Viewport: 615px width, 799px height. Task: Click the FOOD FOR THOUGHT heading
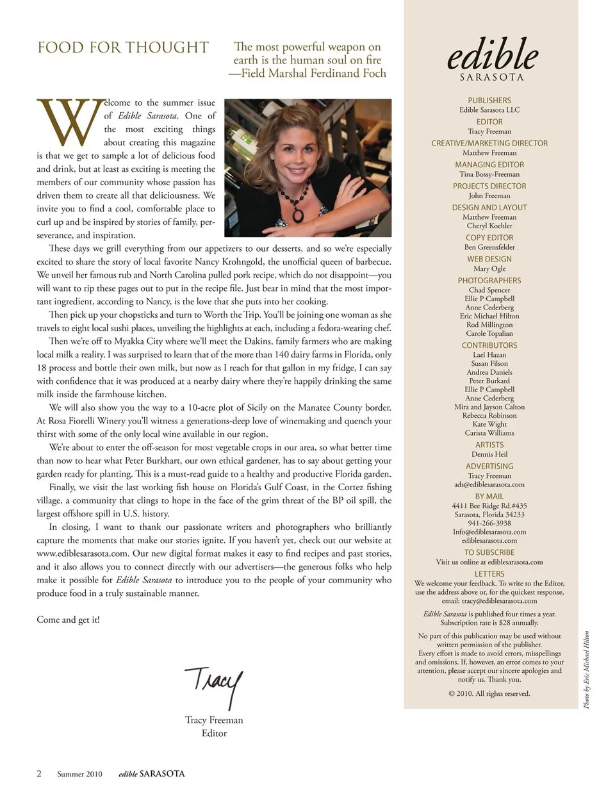coord(123,48)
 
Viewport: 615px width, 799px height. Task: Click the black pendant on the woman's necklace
coord(299,213)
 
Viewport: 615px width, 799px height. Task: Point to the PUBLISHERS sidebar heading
coord(489,101)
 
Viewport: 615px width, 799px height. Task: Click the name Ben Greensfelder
coord(489,247)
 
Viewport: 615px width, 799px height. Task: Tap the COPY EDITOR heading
coord(489,238)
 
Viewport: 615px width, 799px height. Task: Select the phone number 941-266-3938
coord(489,523)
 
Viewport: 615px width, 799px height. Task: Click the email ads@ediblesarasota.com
coord(489,484)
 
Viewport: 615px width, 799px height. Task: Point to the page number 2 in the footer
coord(39,773)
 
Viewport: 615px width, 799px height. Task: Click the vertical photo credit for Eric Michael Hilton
coord(586,670)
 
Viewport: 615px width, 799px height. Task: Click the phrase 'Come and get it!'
coord(68,620)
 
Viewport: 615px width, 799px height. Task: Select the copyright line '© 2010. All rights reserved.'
coord(489,693)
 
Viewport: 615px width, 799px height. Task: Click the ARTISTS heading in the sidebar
coord(489,445)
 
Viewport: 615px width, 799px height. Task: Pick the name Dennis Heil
coord(489,454)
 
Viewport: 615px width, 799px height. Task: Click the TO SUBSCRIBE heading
coord(489,552)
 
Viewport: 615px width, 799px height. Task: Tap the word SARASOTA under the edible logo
coord(491,78)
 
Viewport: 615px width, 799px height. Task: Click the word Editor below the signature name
coord(214,733)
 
